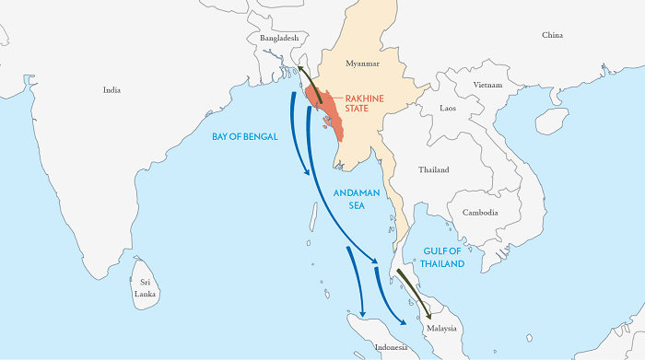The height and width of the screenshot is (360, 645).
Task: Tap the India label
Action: [x=112, y=90]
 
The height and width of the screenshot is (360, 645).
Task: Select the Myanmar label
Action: [x=362, y=64]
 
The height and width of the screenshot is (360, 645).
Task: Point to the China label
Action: [x=552, y=35]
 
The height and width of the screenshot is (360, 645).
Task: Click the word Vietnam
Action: [x=487, y=85]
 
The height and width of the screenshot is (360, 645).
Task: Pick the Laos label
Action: [x=448, y=108]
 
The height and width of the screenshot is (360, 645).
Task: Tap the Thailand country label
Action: [x=434, y=170]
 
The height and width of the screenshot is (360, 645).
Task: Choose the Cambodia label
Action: [x=481, y=213]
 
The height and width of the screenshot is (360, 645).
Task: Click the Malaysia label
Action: [x=441, y=328]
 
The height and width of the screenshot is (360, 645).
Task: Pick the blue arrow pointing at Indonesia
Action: [x=356, y=281]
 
